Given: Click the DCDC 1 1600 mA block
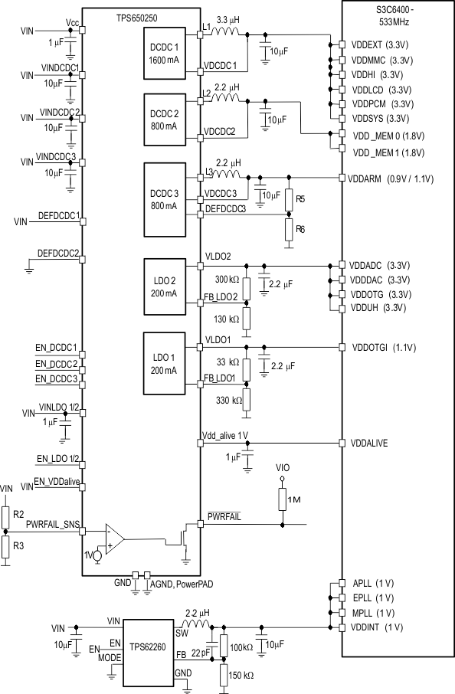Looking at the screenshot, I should tap(164, 54).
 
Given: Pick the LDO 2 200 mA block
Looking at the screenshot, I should tap(164, 286).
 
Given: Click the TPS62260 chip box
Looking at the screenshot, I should tap(148, 646).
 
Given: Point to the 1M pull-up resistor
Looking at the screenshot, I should tap(283, 500).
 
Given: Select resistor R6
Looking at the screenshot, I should tap(289, 228).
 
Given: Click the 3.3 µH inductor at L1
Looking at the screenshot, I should tap(227, 34).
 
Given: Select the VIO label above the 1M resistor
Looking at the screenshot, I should tap(283, 466).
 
